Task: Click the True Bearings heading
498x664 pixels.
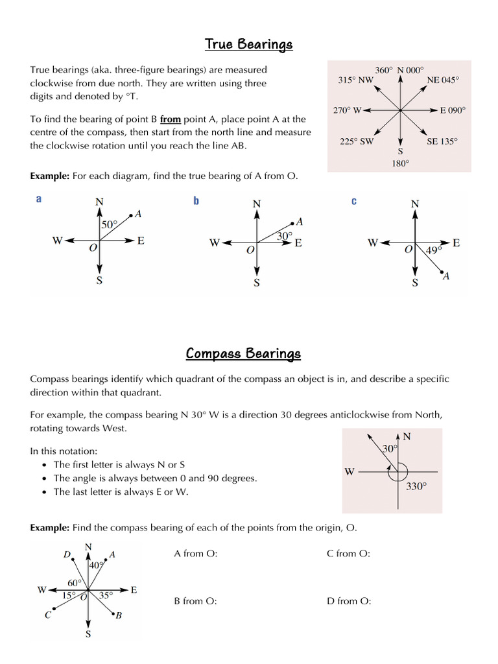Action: (249, 44)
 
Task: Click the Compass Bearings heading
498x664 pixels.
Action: (243, 353)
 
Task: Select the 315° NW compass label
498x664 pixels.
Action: (356, 80)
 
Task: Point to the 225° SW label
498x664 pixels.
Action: (357, 141)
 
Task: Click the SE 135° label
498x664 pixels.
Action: (442, 141)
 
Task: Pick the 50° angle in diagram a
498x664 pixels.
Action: (110, 224)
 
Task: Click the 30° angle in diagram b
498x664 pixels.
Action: (285, 236)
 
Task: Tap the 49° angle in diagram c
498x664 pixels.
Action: (433, 249)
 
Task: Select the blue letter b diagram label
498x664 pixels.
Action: (196, 201)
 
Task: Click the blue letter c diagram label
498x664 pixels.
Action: (354, 201)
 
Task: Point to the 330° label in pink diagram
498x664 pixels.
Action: (416, 486)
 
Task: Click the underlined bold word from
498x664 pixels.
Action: (170, 119)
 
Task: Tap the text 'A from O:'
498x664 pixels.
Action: (196, 554)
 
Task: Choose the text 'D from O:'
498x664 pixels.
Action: (349, 601)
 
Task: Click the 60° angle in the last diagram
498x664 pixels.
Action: (74, 583)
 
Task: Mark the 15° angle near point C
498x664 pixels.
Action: (68, 595)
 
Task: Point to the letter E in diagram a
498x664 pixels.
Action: (141, 241)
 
